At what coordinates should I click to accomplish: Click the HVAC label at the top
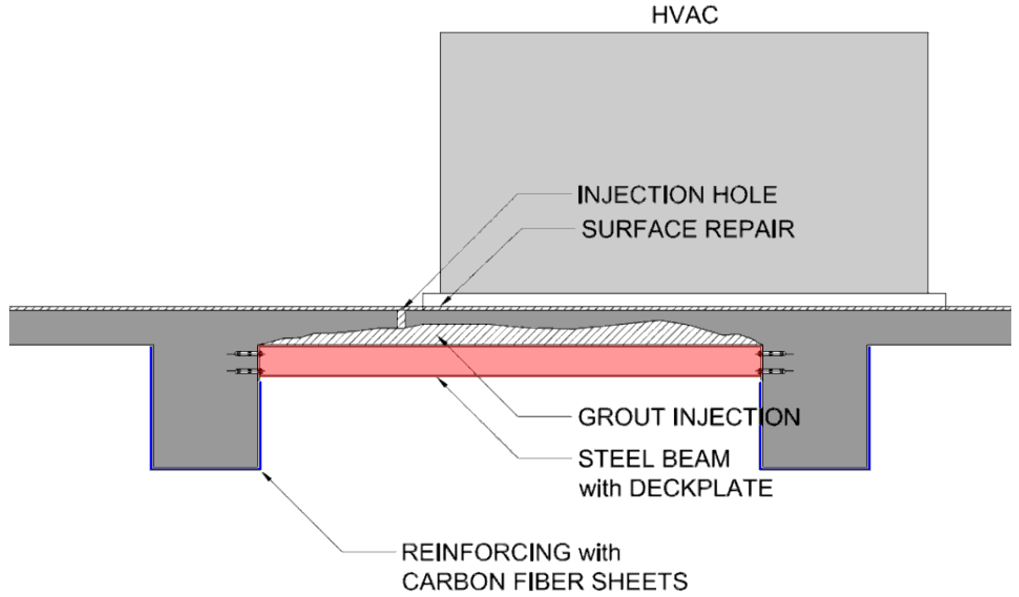pos(685,15)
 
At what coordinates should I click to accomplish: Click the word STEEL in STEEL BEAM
pos(606,459)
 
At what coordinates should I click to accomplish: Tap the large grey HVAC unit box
pos(683,162)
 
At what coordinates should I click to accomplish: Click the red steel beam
pos(510,361)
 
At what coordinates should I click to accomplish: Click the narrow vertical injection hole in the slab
pos(401,319)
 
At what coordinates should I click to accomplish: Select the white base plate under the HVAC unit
pos(683,300)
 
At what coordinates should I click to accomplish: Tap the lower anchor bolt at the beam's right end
pos(773,371)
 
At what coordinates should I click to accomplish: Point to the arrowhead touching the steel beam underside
pos(443,381)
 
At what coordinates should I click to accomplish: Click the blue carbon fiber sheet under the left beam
pos(205,469)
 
